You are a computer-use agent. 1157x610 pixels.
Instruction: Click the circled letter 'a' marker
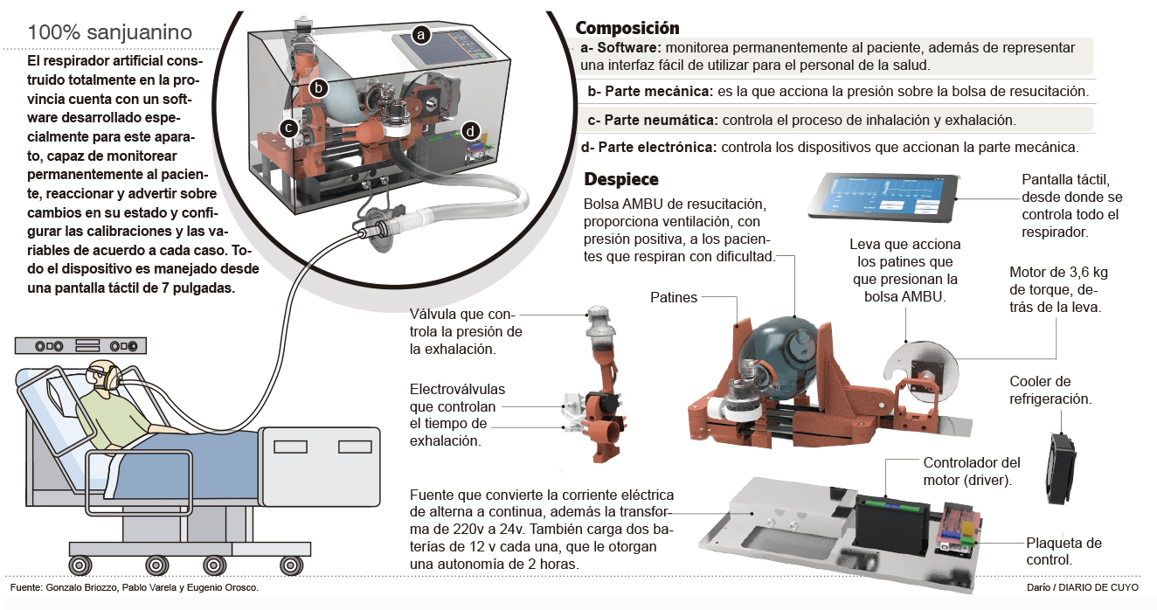[421, 36]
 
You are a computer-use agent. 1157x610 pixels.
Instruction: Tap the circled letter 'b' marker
[319, 87]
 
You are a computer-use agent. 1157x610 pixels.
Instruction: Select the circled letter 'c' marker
[288, 128]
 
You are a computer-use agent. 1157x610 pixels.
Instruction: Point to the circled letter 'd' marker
[471, 131]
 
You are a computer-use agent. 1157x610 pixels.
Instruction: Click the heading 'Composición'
[627, 28]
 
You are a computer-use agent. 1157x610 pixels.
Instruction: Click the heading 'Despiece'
[620, 179]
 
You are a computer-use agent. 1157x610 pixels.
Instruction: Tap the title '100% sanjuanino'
[110, 32]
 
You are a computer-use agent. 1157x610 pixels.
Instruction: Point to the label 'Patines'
[674, 297]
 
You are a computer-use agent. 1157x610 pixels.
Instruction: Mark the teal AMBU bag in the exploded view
[783, 350]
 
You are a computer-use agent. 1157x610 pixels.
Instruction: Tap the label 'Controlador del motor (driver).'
[971, 471]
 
